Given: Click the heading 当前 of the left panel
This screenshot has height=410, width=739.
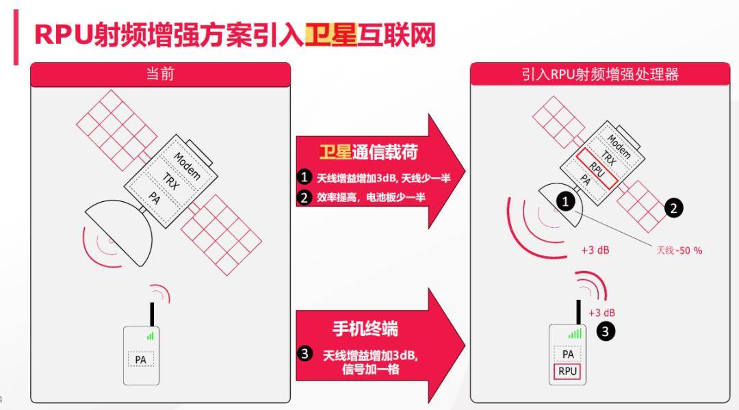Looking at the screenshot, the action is [x=160, y=74].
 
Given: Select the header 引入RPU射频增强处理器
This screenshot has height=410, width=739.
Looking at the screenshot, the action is [x=600, y=74].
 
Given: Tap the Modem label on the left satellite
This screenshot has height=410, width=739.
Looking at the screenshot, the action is [x=187, y=166].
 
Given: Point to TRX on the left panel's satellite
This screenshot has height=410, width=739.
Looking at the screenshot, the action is [x=171, y=181].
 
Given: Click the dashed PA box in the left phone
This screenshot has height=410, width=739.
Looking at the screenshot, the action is [x=141, y=359].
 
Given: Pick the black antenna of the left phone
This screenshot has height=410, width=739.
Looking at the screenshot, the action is [x=152, y=314].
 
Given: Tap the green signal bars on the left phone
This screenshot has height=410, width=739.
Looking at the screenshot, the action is [x=151, y=335].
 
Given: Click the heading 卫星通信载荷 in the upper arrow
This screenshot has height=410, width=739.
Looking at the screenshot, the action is [x=369, y=152].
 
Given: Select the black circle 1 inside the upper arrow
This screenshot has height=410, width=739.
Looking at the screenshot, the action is [x=304, y=177].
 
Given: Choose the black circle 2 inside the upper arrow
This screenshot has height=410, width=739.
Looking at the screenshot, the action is [x=304, y=197].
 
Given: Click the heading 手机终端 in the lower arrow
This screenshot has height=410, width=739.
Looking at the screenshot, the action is [x=365, y=329].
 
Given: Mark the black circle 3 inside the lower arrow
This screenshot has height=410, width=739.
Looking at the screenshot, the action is [x=304, y=353].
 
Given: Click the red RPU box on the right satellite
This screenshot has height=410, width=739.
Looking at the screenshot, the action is [x=597, y=168].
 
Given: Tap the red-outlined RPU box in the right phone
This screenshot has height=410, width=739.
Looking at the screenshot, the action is [x=567, y=372].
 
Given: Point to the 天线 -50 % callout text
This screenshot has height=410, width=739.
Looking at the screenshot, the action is [x=679, y=251].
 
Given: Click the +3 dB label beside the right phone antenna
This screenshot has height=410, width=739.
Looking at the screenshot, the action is [x=602, y=313].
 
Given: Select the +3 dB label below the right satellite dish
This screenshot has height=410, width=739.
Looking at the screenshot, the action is [x=595, y=250].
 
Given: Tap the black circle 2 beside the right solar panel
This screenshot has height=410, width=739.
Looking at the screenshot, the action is [x=673, y=208].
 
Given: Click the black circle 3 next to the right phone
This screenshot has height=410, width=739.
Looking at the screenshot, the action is [x=606, y=331].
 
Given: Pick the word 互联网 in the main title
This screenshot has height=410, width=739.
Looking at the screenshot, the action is [x=396, y=35].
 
